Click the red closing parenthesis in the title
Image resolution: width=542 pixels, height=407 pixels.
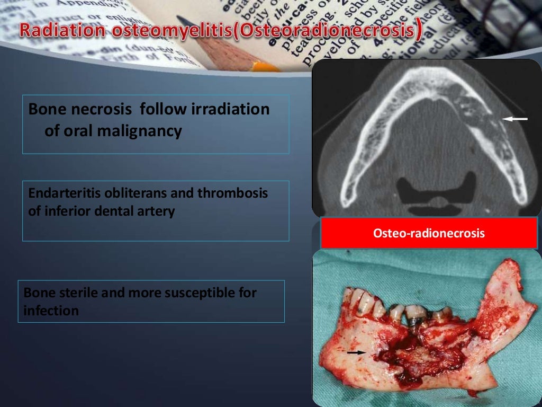pos(419,30)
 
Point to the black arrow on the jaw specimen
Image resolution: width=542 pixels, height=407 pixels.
pos(356,352)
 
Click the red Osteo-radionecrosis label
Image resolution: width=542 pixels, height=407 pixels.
pos(429,233)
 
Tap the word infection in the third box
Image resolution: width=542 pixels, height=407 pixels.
pos(51,311)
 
